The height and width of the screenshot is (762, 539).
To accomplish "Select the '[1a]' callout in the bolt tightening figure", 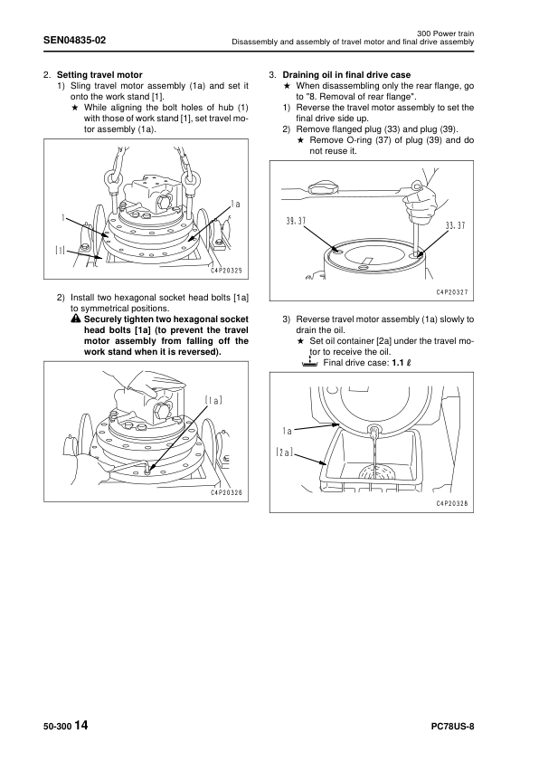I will click(213, 399).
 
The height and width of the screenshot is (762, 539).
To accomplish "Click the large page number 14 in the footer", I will click(82, 726).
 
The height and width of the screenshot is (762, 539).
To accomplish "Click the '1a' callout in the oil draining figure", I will click(287, 431).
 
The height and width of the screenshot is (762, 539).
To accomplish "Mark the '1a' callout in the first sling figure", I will click(235, 205).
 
